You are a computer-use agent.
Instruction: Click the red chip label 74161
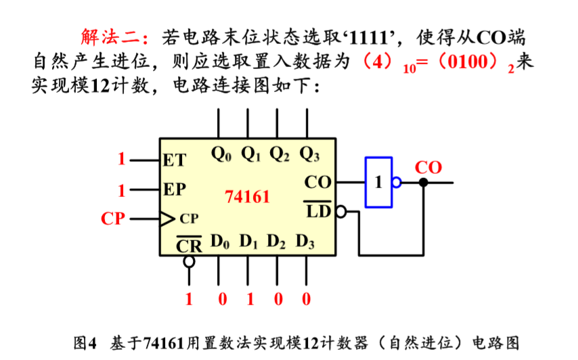[x=247, y=197]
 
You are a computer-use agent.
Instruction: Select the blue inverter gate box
[x=379, y=182]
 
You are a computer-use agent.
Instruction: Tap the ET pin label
[x=175, y=160]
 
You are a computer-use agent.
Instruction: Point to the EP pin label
[x=175, y=189]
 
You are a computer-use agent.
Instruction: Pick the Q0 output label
[x=221, y=154]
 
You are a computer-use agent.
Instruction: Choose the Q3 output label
[x=309, y=154]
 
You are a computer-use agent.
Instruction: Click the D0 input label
[x=221, y=241]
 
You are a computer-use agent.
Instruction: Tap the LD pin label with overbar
[x=318, y=210]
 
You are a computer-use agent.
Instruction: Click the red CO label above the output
[x=428, y=167]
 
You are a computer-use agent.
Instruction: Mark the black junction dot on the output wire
[x=424, y=182]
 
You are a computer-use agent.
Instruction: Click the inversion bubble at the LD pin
[x=340, y=212]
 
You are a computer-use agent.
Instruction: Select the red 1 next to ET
[x=122, y=160]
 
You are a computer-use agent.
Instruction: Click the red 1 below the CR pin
[x=190, y=298]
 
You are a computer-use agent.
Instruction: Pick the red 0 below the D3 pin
[x=307, y=298]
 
